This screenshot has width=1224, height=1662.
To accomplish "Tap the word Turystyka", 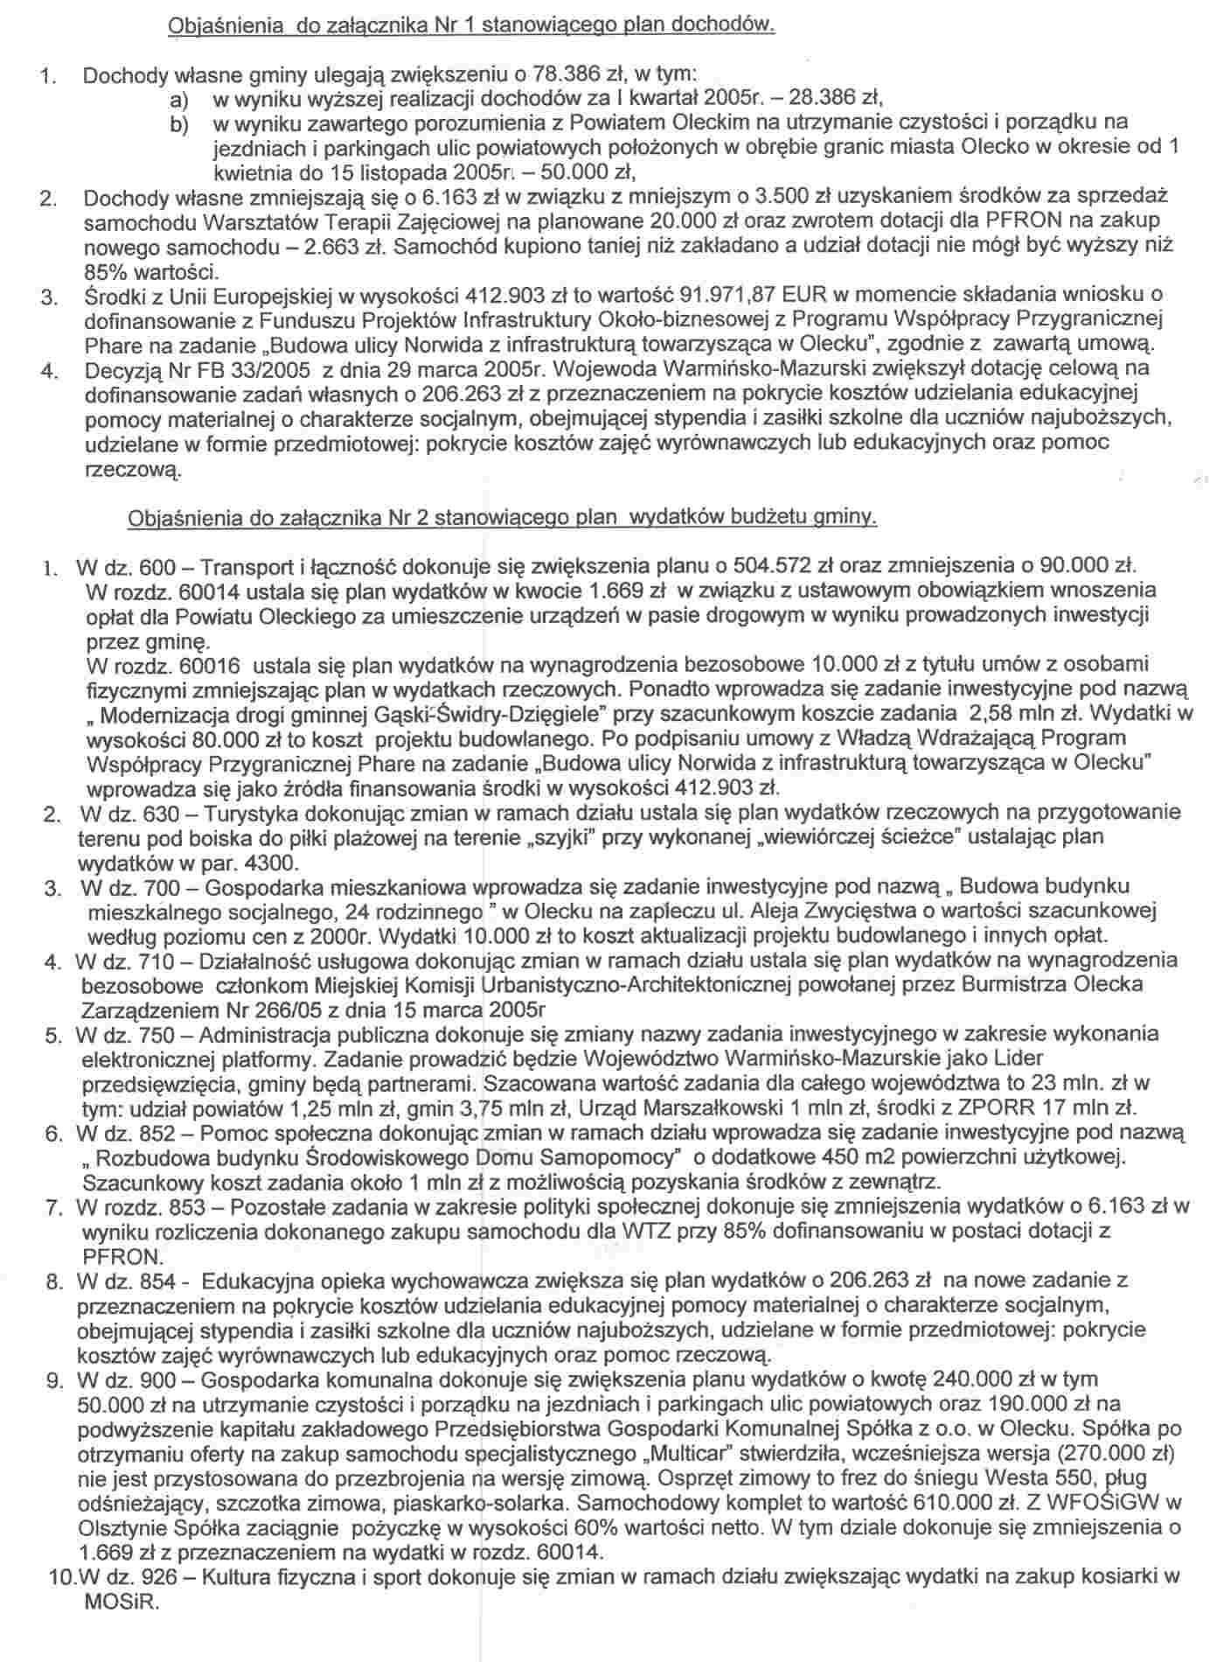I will pos(247,813).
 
